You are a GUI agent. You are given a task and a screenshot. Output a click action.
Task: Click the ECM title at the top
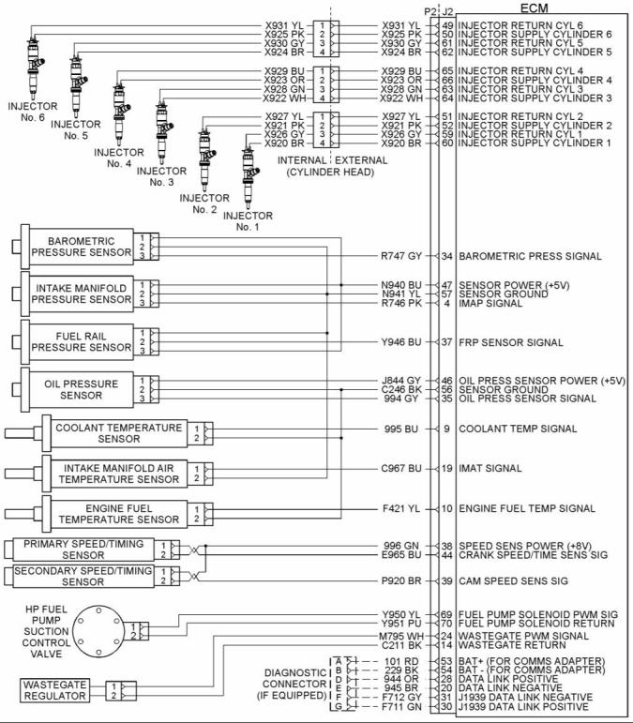click(x=534, y=8)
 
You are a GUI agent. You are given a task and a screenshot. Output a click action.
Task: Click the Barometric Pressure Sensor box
click(x=82, y=247)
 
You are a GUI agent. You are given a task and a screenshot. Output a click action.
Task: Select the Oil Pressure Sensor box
click(x=82, y=389)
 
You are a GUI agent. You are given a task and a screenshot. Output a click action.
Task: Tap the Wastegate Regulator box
click(x=55, y=690)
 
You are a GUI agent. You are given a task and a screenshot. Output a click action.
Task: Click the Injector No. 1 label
click(x=248, y=221)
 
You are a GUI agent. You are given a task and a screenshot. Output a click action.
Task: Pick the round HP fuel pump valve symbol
click(x=98, y=632)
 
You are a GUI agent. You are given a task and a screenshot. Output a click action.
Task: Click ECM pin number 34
click(x=446, y=256)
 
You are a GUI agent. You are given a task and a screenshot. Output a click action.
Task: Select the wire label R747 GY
click(x=401, y=256)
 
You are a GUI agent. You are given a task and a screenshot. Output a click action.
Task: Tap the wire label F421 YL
click(x=401, y=508)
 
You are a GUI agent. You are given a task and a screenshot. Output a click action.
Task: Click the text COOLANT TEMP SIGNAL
click(x=518, y=429)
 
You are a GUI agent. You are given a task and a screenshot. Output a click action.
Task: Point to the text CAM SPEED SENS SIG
click(x=513, y=581)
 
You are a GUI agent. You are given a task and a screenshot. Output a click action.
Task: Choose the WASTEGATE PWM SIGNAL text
click(x=523, y=636)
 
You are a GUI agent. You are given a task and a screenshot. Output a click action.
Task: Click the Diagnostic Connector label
click(x=294, y=684)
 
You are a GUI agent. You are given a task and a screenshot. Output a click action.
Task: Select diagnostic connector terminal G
click(x=339, y=706)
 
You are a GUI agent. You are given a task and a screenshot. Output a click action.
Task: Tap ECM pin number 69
click(x=446, y=614)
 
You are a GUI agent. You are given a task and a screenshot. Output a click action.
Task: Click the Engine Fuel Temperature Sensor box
click(x=118, y=514)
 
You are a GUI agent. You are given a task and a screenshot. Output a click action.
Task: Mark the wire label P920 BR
click(x=401, y=581)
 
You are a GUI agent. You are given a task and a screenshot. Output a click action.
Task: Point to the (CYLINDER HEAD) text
click(x=330, y=172)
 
